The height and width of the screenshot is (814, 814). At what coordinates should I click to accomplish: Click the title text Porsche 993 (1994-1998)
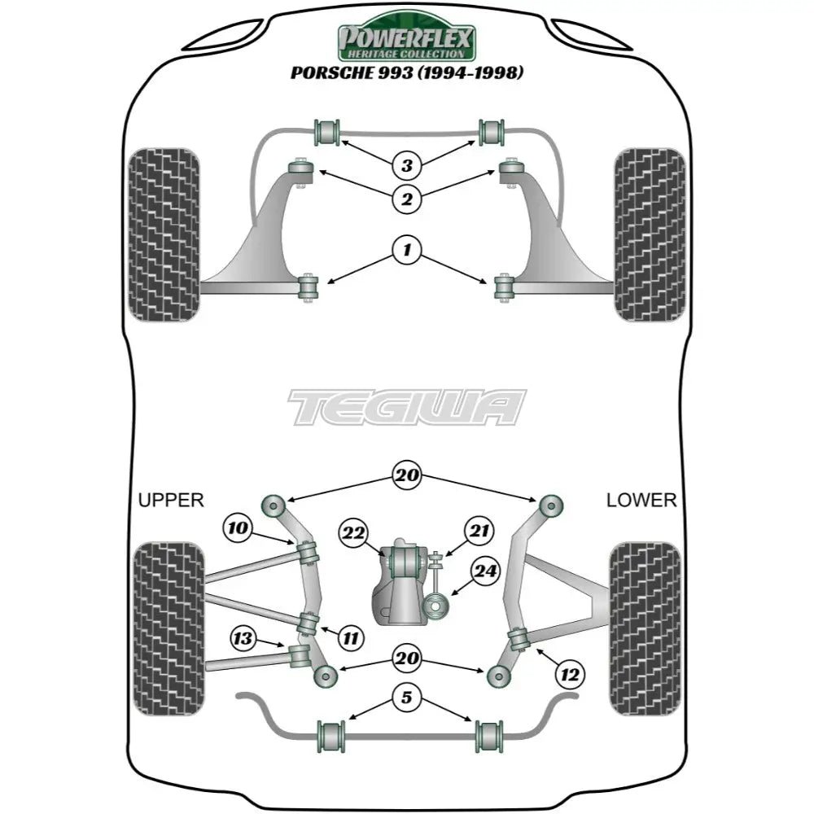coord(407,73)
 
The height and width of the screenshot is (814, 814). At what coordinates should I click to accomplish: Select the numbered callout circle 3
coord(406,166)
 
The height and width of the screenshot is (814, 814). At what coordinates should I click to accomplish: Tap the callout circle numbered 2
coord(406,197)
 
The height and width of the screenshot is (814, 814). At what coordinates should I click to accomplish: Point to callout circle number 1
coord(406,249)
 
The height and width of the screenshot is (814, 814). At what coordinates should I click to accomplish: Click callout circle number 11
coord(350,638)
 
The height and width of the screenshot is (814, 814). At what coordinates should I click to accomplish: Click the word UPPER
coord(171,500)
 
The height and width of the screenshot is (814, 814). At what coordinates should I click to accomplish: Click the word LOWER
coord(641,500)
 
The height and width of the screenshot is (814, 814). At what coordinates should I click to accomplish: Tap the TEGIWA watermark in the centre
coord(407,407)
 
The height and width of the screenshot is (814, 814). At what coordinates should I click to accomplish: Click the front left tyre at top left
coord(164,234)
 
